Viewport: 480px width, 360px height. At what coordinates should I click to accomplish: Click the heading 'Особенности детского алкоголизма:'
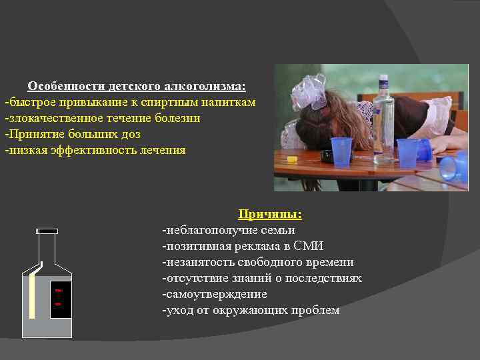[136, 87]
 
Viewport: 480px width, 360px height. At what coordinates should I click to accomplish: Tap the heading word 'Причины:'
[270, 215]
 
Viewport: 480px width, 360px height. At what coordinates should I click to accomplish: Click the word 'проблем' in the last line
[318, 310]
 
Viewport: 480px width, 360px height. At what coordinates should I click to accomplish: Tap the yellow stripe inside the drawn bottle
[32, 293]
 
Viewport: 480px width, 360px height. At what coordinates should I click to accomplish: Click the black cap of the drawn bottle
[47, 231]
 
